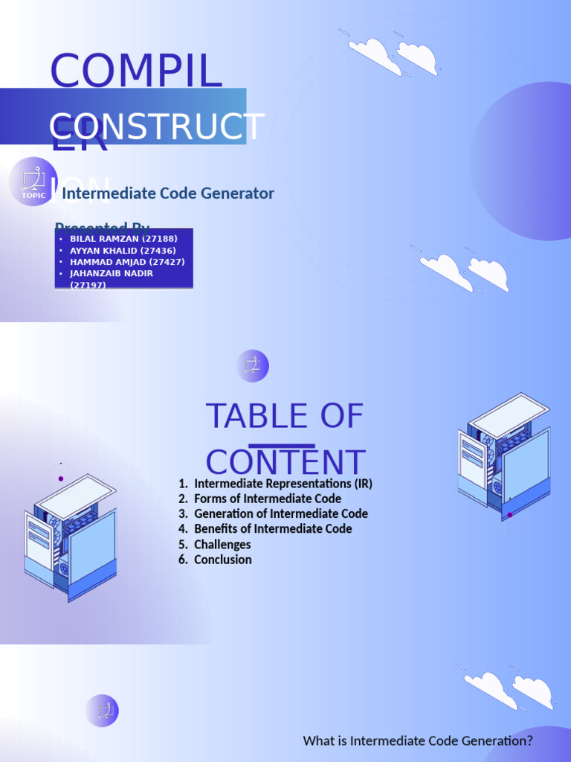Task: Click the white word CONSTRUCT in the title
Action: click(x=157, y=127)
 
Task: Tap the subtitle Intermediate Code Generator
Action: click(x=168, y=193)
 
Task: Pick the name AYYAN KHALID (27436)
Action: click(x=126, y=250)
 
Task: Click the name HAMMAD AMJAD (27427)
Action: click(x=127, y=262)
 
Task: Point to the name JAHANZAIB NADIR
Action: click(x=111, y=273)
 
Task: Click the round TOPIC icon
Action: click(x=33, y=182)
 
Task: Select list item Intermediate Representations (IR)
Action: click(x=283, y=484)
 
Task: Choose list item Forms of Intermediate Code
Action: click(x=268, y=499)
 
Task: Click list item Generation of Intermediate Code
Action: click(x=280, y=513)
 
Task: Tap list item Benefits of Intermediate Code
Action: click(x=273, y=529)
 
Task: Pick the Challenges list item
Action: click(x=222, y=545)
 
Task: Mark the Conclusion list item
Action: click(x=222, y=560)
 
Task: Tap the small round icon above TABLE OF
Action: click(x=253, y=366)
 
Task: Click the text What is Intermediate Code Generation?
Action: click(x=418, y=741)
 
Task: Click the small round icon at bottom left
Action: click(x=102, y=711)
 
